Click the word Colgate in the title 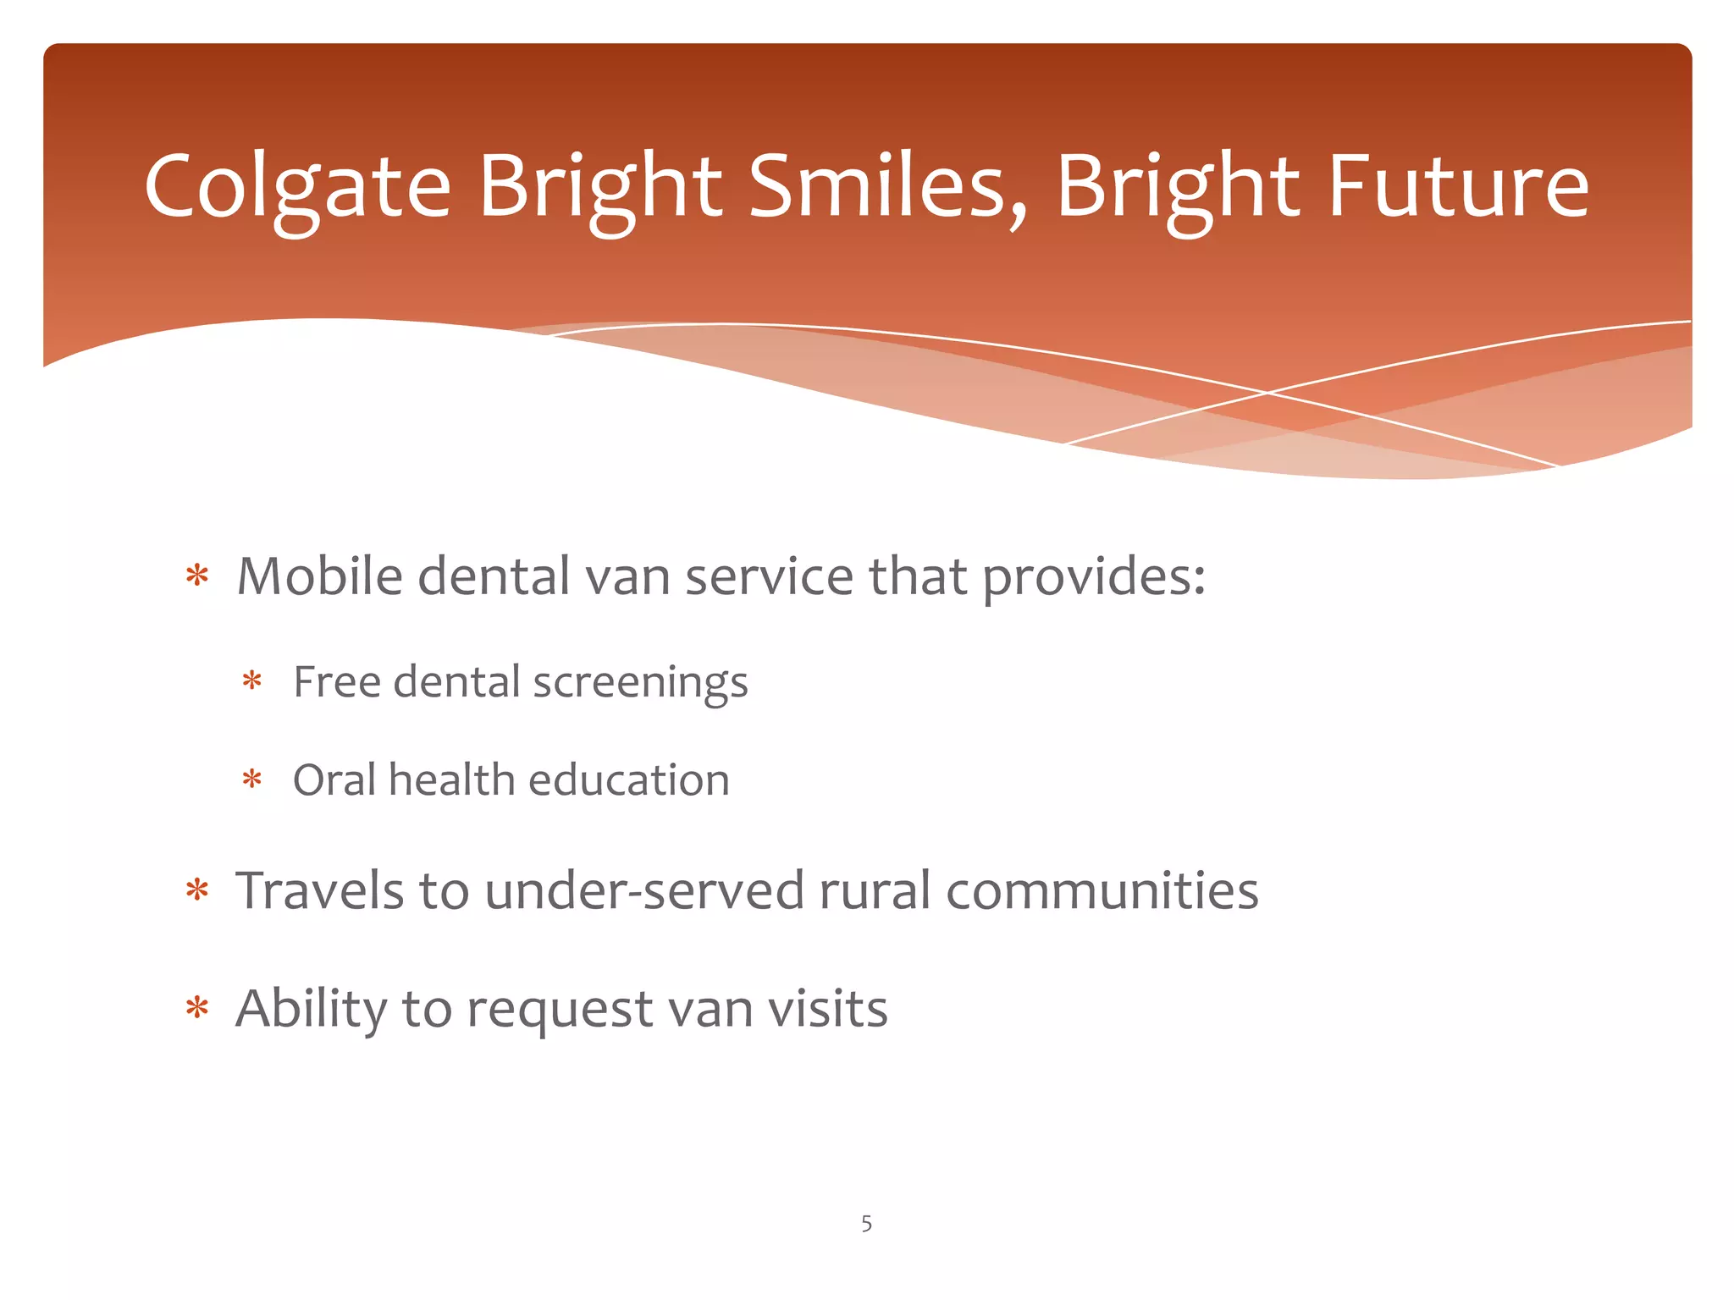pyautogui.click(x=297, y=188)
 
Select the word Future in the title pyautogui.click(x=1457, y=188)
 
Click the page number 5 pyautogui.click(x=866, y=1223)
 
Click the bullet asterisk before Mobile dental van pyautogui.click(x=197, y=576)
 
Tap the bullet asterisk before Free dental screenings pyautogui.click(x=251, y=680)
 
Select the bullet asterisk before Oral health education pyautogui.click(x=251, y=779)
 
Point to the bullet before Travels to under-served pyautogui.click(x=197, y=890)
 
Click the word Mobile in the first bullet pyautogui.click(x=319, y=576)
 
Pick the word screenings pyautogui.click(x=640, y=683)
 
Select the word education pyautogui.click(x=629, y=779)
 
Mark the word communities pyautogui.click(x=1102, y=890)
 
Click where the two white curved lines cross pyautogui.click(x=1267, y=393)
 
